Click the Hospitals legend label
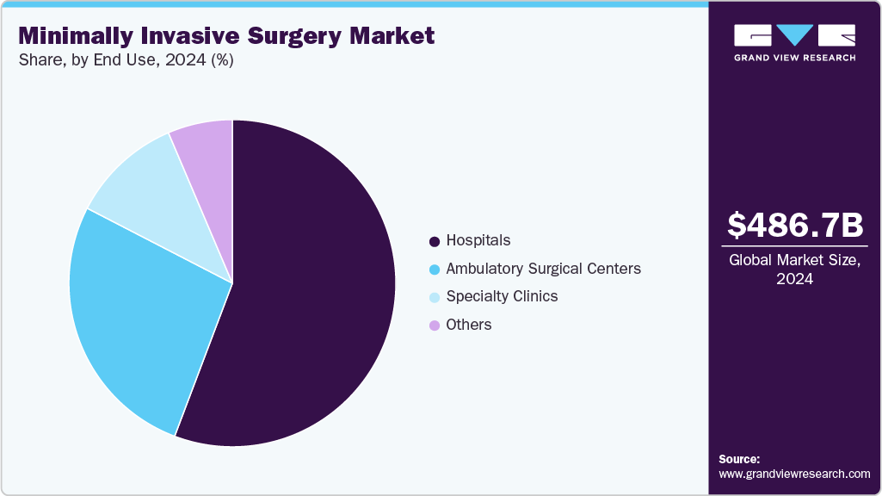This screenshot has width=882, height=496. (x=478, y=240)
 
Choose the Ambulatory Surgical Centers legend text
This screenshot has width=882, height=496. (x=543, y=269)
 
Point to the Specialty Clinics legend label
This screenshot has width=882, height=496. (x=502, y=296)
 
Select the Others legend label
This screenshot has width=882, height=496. (x=469, y=325)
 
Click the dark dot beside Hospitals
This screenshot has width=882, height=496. (x=435, y=241)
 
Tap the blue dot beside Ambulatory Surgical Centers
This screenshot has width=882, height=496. (x=435, y=270)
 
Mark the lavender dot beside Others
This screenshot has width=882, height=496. (x=435, y=325)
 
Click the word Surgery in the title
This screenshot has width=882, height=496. (x=295, y=36)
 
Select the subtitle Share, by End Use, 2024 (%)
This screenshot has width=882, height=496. (x=126, y=60)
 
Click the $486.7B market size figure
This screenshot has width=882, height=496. (x=794, y=225)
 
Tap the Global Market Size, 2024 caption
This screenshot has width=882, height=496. (x=794, y=269)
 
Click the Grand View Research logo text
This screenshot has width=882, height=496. (x=794, y=58)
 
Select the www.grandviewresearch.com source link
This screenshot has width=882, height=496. (x=794, y=474)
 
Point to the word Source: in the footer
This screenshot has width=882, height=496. (x=739, y=459)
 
